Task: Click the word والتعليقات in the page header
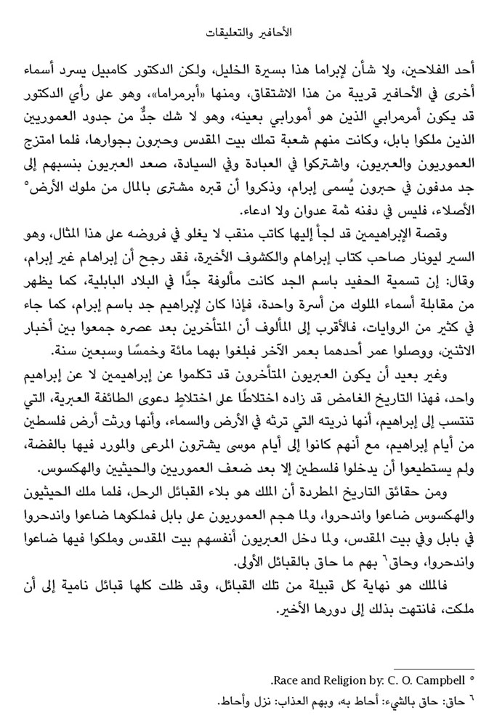227,33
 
